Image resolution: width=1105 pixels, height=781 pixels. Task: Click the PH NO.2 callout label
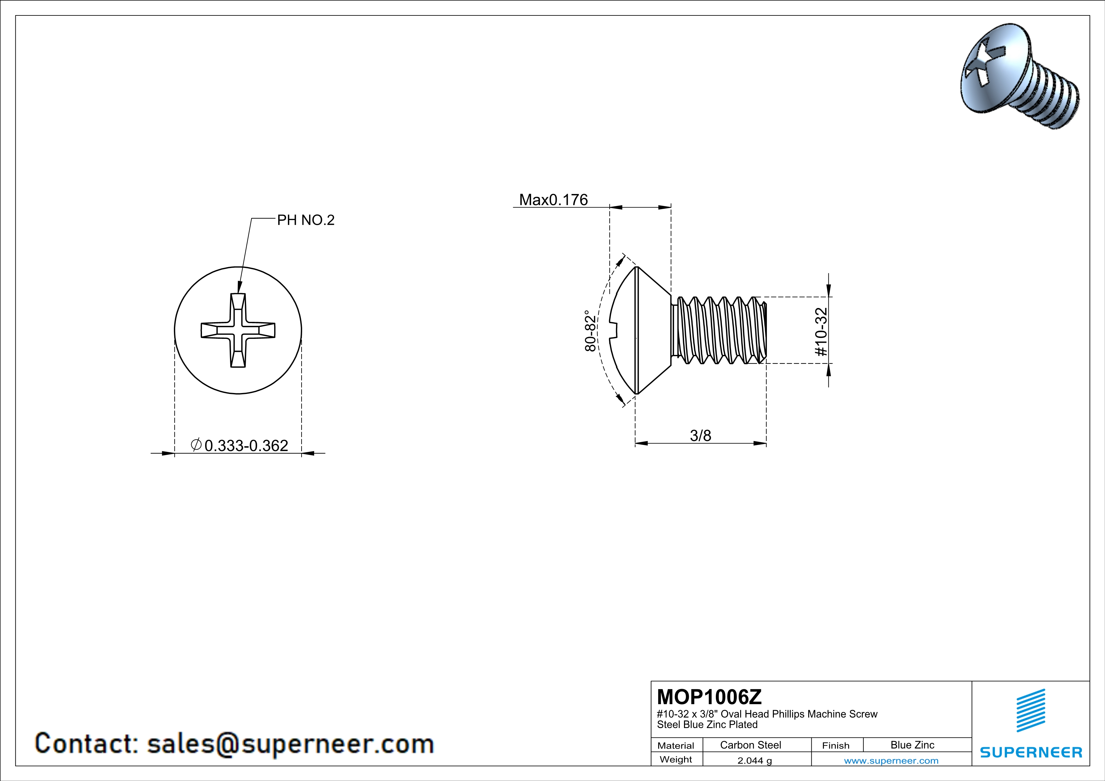pos(306,220)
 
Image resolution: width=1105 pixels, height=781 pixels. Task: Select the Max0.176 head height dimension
pos(554,200)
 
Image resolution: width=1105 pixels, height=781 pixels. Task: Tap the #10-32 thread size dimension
pos(821,332)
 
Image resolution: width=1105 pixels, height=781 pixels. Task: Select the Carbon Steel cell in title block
pos(750,745)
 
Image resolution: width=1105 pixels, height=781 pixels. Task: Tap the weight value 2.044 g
pos(755,760)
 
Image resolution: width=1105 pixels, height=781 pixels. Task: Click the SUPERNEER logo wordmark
pos(1031,752)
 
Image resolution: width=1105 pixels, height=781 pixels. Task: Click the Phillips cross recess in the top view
pos(238,330)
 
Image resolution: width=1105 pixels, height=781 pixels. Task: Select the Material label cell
pos(676,745)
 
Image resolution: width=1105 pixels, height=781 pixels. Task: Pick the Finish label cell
pos(836,745)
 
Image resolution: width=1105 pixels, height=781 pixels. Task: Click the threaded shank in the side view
pos(718,330)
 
